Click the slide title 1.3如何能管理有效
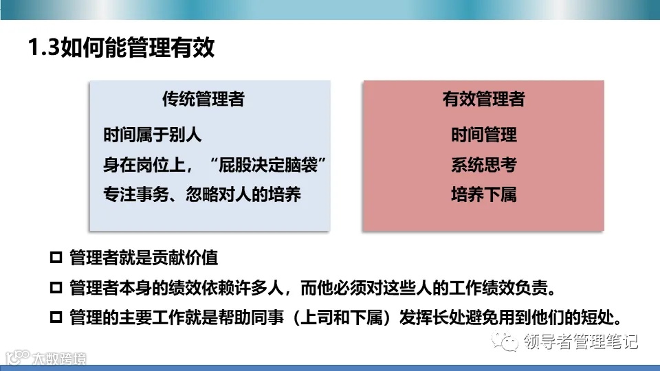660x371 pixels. coord(121,49)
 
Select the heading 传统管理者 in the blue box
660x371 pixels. coord(203,100)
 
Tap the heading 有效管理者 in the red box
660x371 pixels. coord(483,100)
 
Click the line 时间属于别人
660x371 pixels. coord(153,135)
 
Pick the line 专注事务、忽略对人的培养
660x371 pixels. coord(202,194)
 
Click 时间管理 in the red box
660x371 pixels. coord(483,135)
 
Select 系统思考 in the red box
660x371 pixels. coord(483,165)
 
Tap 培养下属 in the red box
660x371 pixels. coord(483,194)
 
